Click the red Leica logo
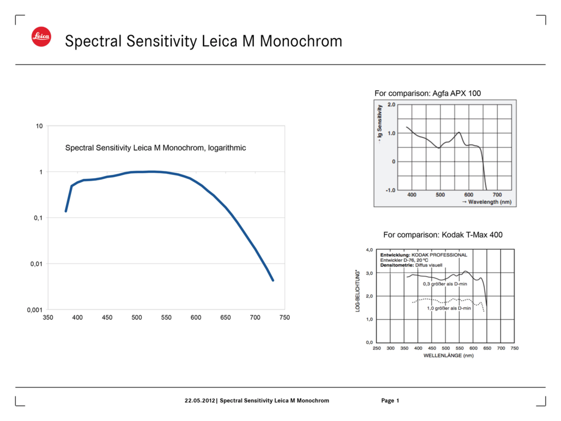coord(41,36)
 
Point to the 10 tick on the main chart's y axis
coord(39,126)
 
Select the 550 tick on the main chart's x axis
coord(166,318)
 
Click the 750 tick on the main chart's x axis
coord(284,318)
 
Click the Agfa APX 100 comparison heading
coord(427,93)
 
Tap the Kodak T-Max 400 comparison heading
coord(443,235)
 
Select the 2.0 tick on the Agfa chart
coord(391,105)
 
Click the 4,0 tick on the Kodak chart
coord(369,250)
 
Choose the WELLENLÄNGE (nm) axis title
coord(448,355)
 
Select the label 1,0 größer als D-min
coord(449,308)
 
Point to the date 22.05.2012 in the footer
coord(201,400)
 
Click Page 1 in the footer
coord(390,400)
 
